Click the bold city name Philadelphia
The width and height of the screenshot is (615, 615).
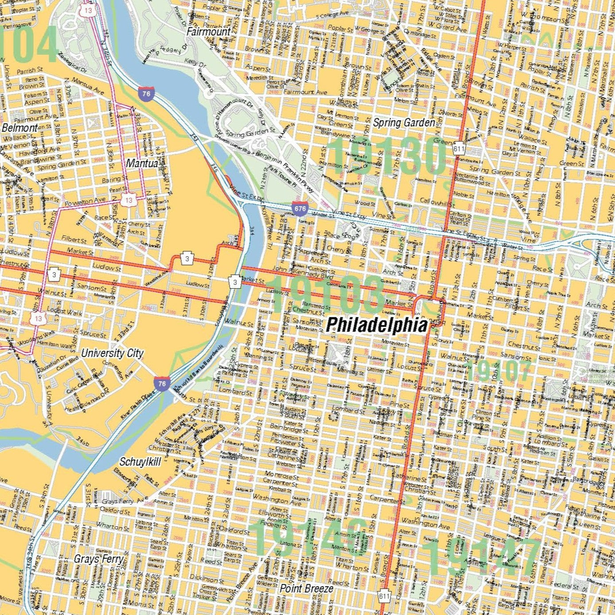[x=377, y=325]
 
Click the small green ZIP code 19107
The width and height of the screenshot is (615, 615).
[x=499, y=371]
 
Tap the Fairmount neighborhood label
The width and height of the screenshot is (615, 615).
[x=208, y=31]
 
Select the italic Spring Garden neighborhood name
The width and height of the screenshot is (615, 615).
[x=403, y=123]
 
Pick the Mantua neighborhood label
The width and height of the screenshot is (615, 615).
[x=142, y=163]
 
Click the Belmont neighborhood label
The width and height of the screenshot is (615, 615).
[x=20, y=128]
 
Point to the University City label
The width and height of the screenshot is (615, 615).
[x=112, y=353]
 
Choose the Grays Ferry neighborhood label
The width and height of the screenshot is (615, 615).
[x=98, y=559]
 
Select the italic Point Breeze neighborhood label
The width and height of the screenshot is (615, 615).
[x=306, y=588]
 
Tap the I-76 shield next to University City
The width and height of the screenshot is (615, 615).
[x=162, y=384]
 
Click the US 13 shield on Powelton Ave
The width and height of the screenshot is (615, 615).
[x=129, y=200]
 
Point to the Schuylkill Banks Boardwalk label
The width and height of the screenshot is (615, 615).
[x=202, y=368]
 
